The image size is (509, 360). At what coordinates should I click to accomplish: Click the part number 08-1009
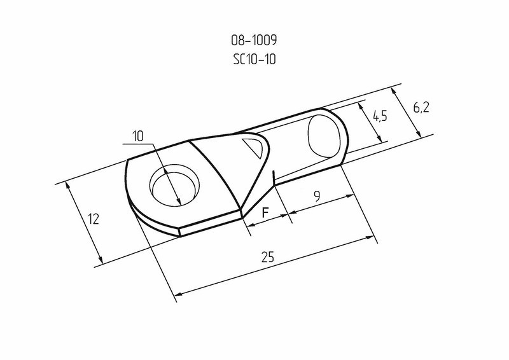coord(254,40)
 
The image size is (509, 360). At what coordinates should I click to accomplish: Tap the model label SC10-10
coord(254,59)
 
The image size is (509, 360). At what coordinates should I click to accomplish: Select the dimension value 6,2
coord(421,107)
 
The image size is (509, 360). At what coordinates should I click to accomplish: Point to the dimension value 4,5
coord(380,116)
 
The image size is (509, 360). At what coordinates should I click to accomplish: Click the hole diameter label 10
coord(138,136)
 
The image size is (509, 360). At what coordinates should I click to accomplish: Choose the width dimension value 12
coord(94,219)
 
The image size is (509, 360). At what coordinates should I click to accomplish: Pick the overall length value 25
coord(268,257)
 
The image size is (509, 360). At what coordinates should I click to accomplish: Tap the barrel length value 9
coord(317,196)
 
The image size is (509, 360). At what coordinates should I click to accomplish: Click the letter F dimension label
coord(265,212)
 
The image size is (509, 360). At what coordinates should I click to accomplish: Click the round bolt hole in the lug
coord(174,184)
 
